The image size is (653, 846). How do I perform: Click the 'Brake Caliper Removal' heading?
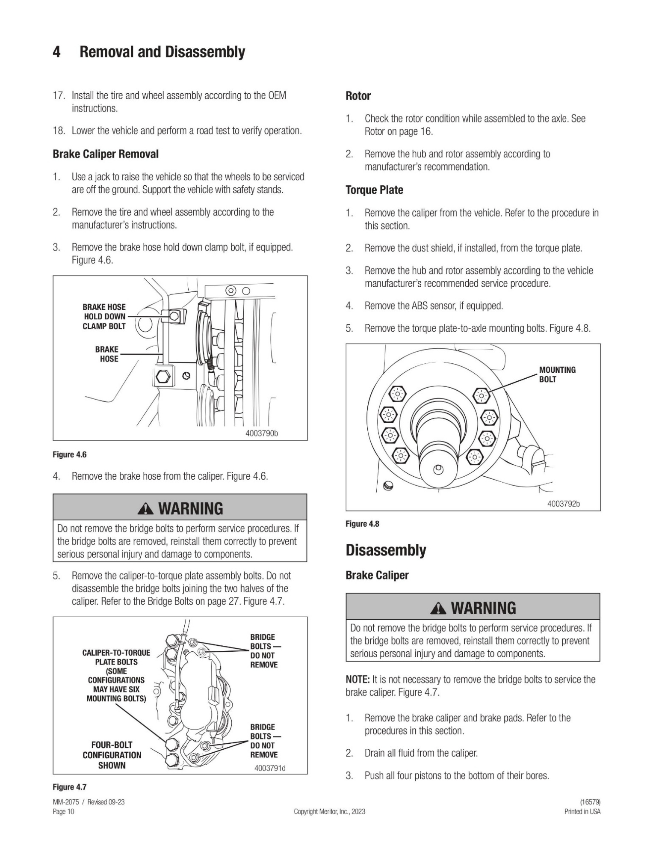106,154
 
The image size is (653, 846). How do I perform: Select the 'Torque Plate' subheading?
374,190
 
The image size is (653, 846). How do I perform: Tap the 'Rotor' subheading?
358,96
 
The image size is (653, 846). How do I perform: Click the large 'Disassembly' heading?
386,550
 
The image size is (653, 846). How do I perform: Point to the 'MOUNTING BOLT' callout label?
557,374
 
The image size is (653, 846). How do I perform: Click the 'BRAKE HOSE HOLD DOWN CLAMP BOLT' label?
104,317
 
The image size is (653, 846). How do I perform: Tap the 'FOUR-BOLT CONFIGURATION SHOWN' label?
112,755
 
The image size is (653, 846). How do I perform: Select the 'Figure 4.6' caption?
69,454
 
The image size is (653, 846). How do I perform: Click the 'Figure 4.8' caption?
362,524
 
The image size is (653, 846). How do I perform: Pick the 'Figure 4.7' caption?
69,787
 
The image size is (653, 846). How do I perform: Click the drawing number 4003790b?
261,433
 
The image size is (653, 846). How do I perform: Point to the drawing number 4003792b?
564,504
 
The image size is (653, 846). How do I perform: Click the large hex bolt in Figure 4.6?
163,377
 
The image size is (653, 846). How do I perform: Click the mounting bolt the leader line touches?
481,396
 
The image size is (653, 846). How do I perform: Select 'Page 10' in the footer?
63,811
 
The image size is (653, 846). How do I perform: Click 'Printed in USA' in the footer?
582,811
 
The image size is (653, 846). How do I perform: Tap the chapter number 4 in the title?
56,52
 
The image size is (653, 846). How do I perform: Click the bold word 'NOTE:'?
358,680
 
